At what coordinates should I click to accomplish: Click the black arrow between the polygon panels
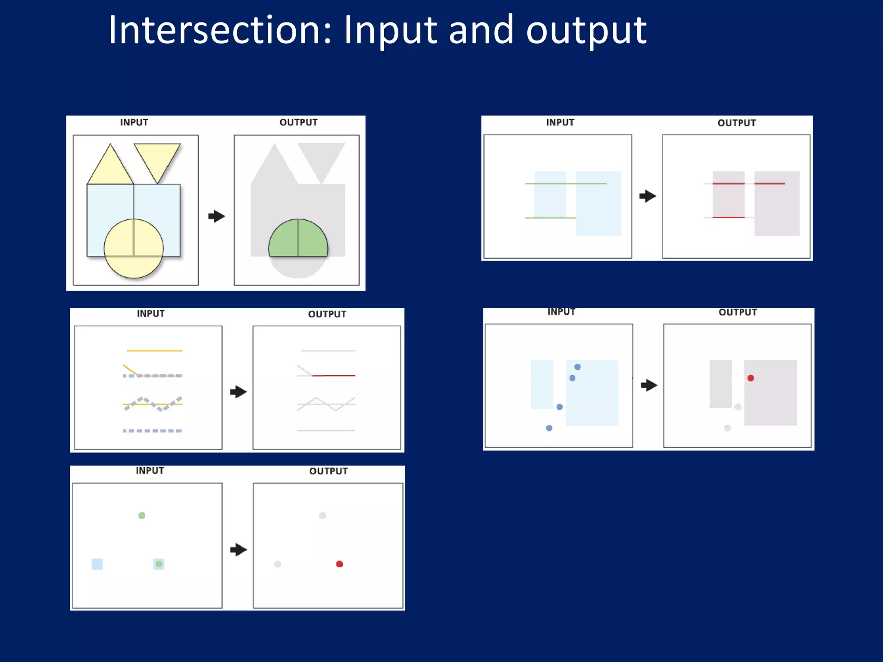tap(216, 216)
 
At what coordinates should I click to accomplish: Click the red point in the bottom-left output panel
tap(340, 564)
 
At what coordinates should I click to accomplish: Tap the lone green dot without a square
tap(142, 515)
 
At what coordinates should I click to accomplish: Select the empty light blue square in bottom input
tap(97, 564)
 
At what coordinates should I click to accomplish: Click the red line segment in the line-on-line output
tap(334, 376)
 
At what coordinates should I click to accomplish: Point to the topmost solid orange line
tap(154, 351)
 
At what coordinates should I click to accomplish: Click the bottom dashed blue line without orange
tap(152, 431)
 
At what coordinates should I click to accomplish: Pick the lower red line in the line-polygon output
tap(729, 217)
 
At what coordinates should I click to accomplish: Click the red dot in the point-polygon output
tap(751, 378)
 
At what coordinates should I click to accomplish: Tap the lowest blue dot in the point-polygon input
tap(549, 428)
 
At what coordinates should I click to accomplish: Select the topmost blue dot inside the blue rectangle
tap(577, 367)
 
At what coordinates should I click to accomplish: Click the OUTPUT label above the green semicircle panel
tap(298, 122)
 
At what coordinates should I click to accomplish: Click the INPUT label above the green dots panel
tap(150, 471)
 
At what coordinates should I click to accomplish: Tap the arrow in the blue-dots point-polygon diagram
tap(649, 385)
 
